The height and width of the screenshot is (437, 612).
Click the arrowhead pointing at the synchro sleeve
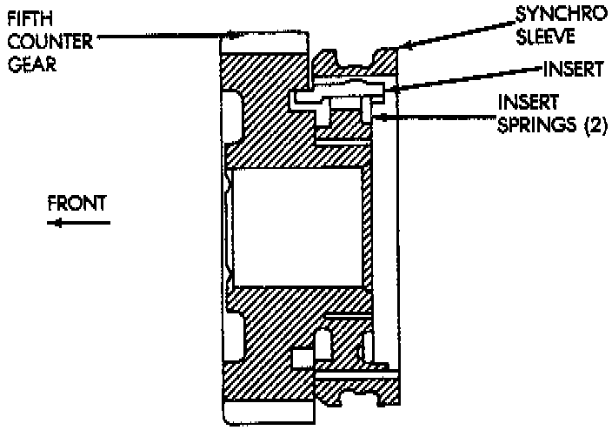click(x=405, y=46)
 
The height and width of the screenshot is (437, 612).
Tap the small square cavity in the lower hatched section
click(x=302, y=358)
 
